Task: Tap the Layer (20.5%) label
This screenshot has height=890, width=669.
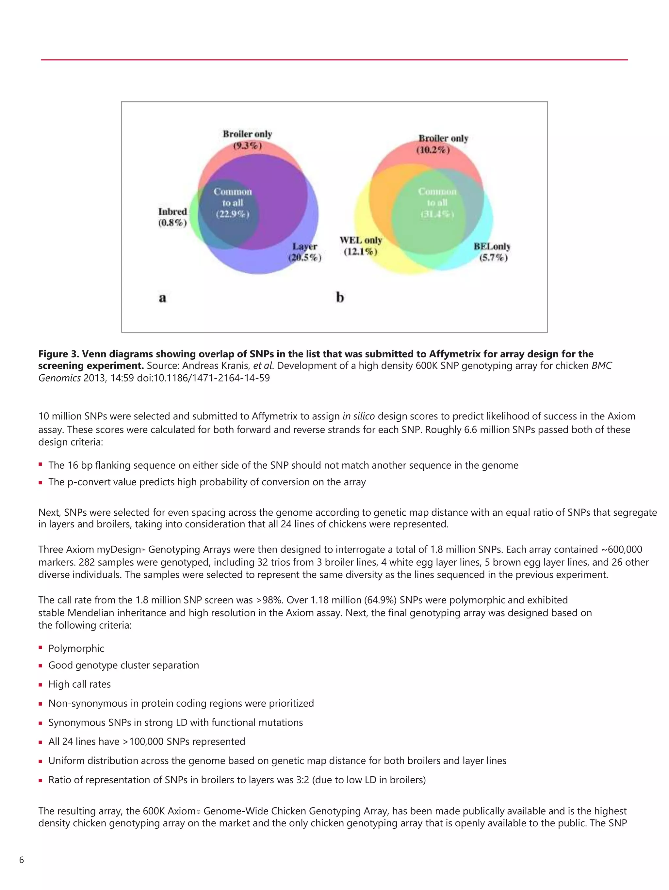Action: (304, 252)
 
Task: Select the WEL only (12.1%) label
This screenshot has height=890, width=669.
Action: (361, 246)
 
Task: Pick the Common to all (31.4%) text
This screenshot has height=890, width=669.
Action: (437, 203)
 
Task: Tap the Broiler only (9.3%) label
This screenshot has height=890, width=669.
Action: (247, 139)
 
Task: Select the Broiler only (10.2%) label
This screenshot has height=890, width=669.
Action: (443, 144)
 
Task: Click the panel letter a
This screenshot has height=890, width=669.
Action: (162, 298)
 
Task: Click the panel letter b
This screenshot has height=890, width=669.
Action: (340, 297)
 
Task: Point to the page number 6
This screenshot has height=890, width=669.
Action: (22, 860)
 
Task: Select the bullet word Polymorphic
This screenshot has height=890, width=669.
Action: (76, 648)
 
